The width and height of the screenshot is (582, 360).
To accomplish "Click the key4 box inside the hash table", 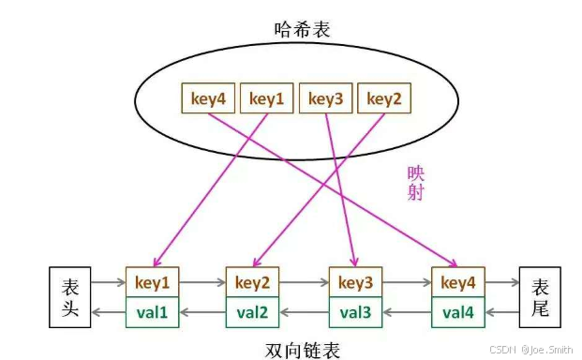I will (208, 97).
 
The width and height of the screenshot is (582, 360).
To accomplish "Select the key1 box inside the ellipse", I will (267, 97).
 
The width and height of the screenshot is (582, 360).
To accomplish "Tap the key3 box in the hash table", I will (326, 97).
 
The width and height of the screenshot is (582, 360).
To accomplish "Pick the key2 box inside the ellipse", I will (384, 97).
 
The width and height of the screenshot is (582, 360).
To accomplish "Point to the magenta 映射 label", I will (416, 183).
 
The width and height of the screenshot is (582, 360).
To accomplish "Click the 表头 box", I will (70, 298).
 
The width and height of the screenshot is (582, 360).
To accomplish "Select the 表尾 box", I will (541, 298).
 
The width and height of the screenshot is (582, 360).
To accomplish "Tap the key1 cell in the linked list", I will (151, 282).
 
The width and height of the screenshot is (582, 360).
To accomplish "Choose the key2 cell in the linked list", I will (252, 282).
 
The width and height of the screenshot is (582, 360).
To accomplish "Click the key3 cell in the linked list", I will (356, 282).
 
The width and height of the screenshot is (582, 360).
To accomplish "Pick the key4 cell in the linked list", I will (459, 282).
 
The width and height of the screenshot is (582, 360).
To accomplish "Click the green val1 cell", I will (151, 312).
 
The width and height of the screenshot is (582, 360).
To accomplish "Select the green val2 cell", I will (252, 312).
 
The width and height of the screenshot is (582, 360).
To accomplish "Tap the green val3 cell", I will (356, 312).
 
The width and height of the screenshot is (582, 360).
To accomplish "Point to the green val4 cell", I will (459, 312).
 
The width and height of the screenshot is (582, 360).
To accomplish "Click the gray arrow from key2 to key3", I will (304, 281).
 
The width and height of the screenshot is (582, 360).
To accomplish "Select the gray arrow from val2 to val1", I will (201, 312).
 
